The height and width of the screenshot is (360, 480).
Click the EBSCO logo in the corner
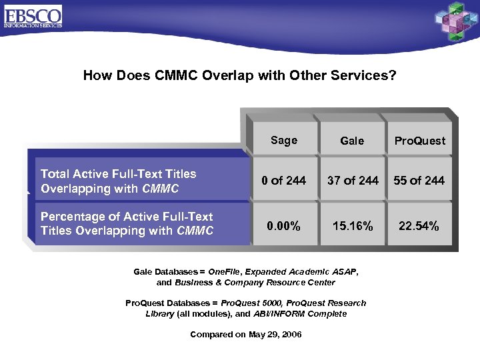(x=33, y=15)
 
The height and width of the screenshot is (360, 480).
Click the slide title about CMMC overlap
(x=239, y=75)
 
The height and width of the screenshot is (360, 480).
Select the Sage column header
(x=284, y=140)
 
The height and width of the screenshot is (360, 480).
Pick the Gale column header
(x=352, y=141)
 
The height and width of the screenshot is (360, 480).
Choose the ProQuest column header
(x=419, y=141)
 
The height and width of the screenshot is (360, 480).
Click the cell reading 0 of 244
(x=284, y=180)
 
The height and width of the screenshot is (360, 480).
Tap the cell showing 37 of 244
(x=352, y=180)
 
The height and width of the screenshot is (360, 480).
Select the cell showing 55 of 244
(x=419, y=180)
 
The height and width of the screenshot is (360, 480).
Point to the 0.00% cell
(x=283, y=226)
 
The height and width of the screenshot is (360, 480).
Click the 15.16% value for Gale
(x=352, y=226)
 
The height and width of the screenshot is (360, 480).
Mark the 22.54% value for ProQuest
(x=419, y=226)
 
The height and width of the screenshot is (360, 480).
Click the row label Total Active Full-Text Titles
(x=119, y=181)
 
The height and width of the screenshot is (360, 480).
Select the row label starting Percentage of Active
(x=127, y=223)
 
